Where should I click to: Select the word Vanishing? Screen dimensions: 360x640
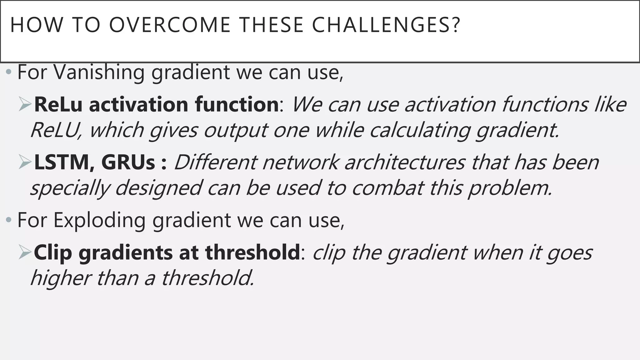[99, 72]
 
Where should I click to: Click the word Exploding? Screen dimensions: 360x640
[99, 220]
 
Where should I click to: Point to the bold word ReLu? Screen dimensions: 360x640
[58, 104]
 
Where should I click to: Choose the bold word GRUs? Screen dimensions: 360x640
[128, 162]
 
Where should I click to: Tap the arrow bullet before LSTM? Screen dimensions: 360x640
[25, 163]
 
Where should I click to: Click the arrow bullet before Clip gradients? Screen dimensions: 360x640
[25, 253]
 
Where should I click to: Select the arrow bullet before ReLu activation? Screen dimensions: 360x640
[25, 105]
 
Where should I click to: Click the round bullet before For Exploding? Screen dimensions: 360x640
[9, 221]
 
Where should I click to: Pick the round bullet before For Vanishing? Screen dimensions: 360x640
[9, 73]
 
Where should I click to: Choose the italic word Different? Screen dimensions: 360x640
[215, 162]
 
